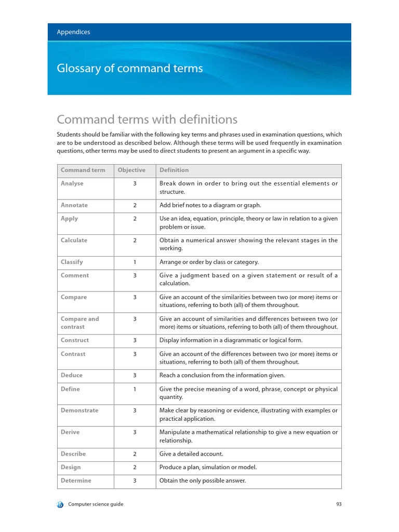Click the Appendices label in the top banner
[73, 32]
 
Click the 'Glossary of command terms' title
[129, 69]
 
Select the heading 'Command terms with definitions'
[147, 120]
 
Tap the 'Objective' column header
[131, 170]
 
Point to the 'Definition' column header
[174, 170]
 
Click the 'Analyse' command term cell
[72, 183]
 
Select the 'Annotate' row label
[74, 205]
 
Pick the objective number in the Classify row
[135, 262]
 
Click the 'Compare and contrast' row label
[79, 323]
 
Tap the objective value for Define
[135, 389]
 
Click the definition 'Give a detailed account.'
[191, 454]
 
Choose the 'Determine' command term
[76, 481]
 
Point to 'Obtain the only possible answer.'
[203, 481]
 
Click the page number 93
[338, 504]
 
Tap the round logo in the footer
[60, 504]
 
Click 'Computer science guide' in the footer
[96, 504]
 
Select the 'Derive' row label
[70, 432]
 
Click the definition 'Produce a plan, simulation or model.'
[208, 467]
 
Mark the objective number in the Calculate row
[135, 241]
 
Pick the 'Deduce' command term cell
[72, 375]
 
